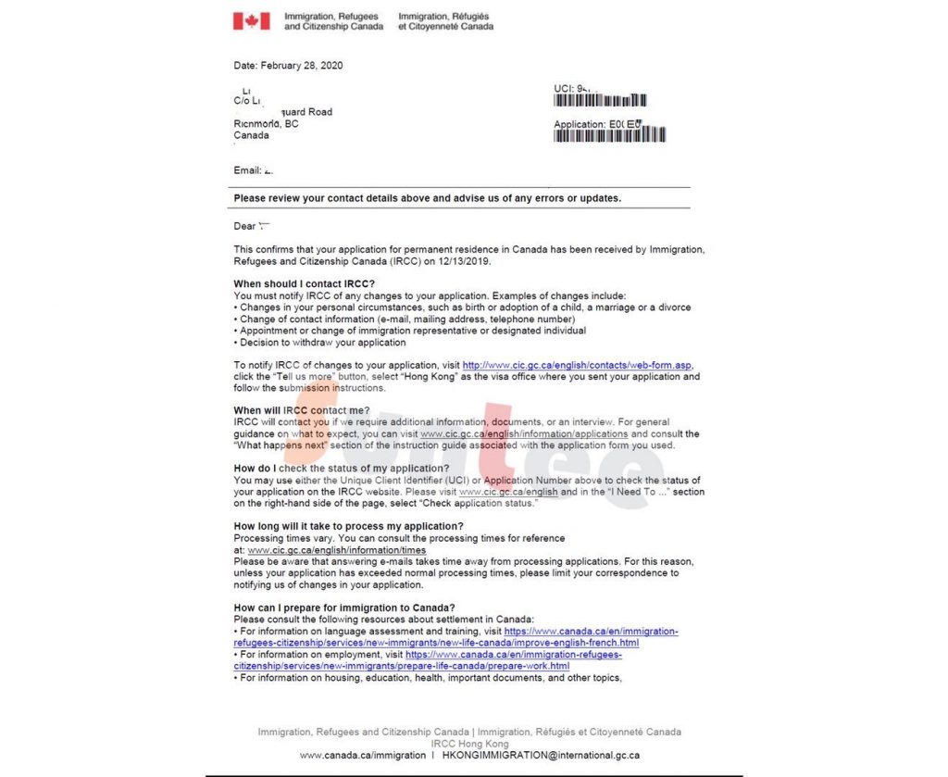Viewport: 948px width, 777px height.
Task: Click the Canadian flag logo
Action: pyautogui.click(x=251, y=21)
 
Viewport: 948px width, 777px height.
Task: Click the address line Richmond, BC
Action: pyautogui.click(x=266, y=124)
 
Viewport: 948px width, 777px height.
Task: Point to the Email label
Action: pyautogui.click(x=247, y=170)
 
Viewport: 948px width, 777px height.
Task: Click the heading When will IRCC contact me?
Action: pyautogui.click(x=302, y=410)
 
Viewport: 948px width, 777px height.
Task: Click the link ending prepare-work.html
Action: pyautogui.click(x=401, y=666)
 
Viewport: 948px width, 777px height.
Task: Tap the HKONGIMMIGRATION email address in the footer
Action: pyautogui.click(x=541, y=755)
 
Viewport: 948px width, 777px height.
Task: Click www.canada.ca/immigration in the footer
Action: pyautogui.click(x=363, y=755)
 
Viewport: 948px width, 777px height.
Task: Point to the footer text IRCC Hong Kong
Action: pyautogui.click(x=469, y=744)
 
